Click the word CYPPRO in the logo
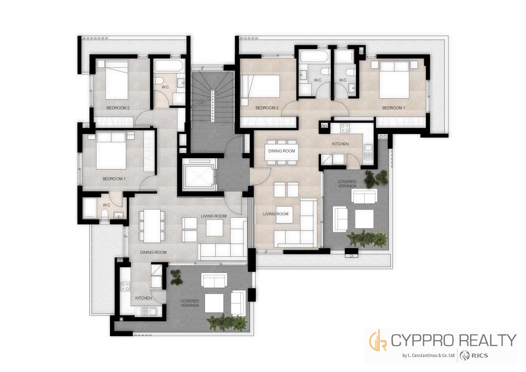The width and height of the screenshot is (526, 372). (x=423, y=341)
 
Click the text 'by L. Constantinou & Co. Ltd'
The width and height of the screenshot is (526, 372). (x=428, y=356)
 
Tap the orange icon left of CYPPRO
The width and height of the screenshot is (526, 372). (x=378, y=340)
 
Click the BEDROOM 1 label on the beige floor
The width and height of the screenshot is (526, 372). (x=393, y=108)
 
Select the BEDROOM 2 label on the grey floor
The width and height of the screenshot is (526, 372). (x=118, y=108)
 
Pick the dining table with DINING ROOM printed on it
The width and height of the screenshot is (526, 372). (x=281, y=151)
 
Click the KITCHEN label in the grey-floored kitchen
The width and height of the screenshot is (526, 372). (x=143, y=298)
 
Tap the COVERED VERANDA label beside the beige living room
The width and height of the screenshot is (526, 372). (x=347, y=184)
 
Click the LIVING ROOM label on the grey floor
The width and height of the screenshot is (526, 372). (x=214, y=216)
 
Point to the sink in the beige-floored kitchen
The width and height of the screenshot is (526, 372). (x=368, y=152)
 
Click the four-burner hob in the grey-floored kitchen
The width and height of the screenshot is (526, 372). (x=125, y=286)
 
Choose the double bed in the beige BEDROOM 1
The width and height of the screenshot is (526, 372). (x=394, y=80)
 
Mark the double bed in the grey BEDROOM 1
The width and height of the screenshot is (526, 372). (x=111, y=151)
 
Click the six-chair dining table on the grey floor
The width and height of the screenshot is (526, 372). (x=152, y=226)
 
